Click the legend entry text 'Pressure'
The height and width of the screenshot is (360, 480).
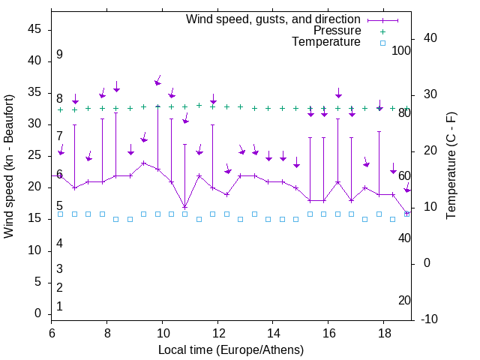pyautogui.click(x=337, y=31)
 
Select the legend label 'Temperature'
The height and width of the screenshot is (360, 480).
pyautogui.click(x=326, y=43)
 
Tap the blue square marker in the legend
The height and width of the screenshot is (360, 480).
pyautogui.click(x=382, y=43)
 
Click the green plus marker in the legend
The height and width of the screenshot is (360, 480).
pyautogui.click(x=382, y=31)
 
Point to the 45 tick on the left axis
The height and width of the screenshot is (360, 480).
pyautogui.click(x=34, y=29)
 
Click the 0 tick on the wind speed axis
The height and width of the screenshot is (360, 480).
pyautogui.click(x=38, y=313)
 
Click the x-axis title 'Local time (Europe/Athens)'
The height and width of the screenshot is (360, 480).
pyautogui.click(x=231, y=349)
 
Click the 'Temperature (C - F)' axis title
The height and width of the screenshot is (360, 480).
pyautogui.click(x=451, y=166)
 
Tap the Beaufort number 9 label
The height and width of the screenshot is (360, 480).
pyautogui.click(x=59, y=55)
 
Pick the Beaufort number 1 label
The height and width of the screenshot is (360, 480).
pyautogui.click(x=59, y=306)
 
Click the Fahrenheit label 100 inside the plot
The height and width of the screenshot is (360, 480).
pyautogui.click(x=402, y=50)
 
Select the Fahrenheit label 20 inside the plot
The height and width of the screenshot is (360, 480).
pyautogui.click(x=404, y=301)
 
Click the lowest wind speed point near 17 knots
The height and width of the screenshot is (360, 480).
pyautogui.click(x=185, y=207)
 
